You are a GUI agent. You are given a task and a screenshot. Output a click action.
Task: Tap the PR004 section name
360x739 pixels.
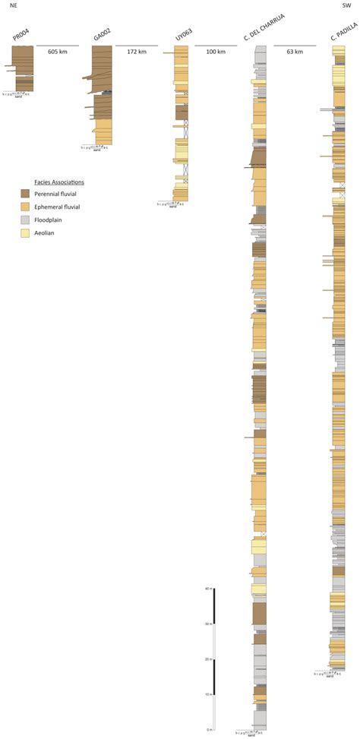click(x=21, y=36)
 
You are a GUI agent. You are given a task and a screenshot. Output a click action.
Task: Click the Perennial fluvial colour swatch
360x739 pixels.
click(x=25, y=194)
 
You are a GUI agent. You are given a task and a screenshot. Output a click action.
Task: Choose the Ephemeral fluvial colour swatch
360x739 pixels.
click(x=25, y=207)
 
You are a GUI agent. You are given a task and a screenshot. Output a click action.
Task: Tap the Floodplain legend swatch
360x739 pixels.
click(x=25, y=220)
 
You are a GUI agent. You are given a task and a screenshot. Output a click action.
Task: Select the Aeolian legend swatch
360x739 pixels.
click(x=25, y=233)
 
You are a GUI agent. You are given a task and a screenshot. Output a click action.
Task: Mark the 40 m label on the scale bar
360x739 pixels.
click(x=207, y=589)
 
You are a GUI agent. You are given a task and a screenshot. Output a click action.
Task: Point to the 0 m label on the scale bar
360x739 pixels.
click(x=209, y=729)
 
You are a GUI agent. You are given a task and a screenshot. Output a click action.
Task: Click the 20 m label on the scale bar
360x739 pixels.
click(x=207, y=659)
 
